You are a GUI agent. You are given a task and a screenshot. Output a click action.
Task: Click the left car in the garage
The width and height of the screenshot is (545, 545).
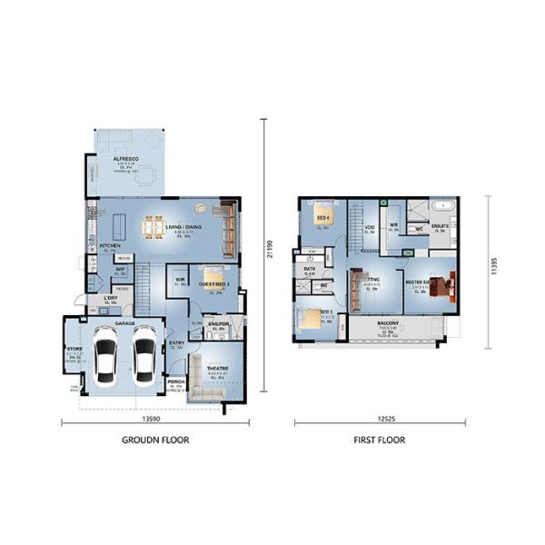pyautogui.click(x=106, y=356)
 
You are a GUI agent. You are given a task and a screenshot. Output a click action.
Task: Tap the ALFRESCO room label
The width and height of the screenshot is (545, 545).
pyautogui.click(x=124, y=159)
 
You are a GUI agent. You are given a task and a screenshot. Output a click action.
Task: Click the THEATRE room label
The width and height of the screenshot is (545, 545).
pyautogui.click(x=216, y=369)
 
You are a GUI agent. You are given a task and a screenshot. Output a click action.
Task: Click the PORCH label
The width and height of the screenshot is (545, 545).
pyautogui.click(x=176, y=381)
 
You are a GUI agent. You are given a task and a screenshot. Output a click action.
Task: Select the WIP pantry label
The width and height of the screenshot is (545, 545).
pyautogui.click(x=120, y=270)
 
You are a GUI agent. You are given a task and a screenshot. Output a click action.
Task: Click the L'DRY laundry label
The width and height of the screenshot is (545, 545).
pyautogui.click(x=110, y=298)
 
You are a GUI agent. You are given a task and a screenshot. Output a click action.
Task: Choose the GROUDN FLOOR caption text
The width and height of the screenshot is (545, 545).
pyautogui.click(x=155, y=440)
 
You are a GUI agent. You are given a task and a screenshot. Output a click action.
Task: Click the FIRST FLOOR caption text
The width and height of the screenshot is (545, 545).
pyautogui.click(x=380, y=440)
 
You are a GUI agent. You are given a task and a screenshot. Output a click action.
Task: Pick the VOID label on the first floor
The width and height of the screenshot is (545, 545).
pyautogui.click(x=370, y=228)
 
